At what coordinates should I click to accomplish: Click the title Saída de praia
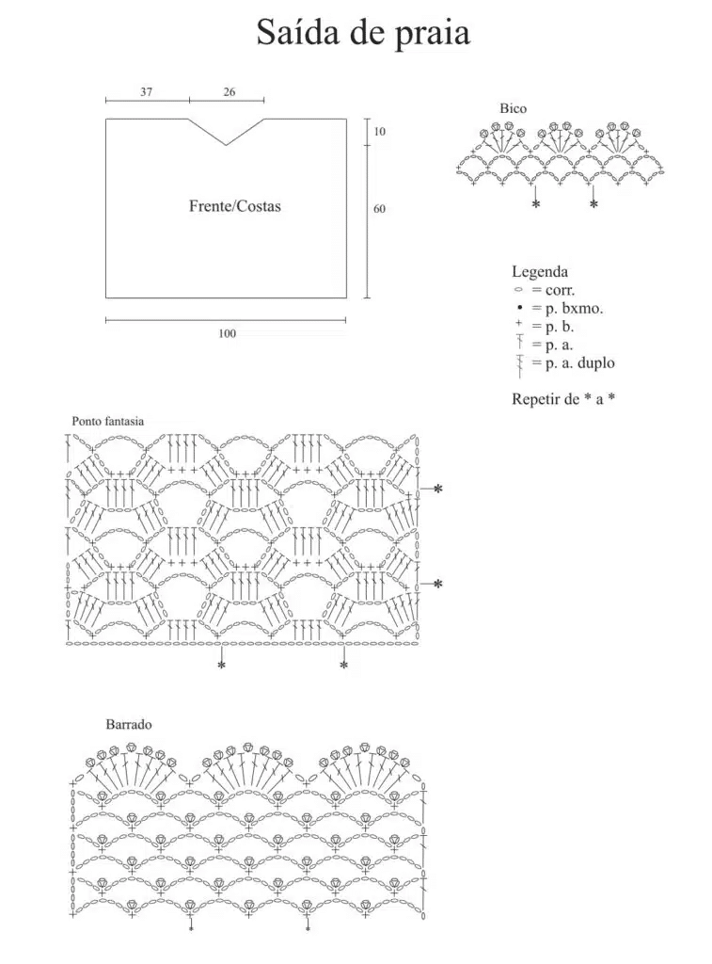coord(363,33)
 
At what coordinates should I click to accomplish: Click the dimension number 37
coord(146,92)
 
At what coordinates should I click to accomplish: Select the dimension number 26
coord(229,92)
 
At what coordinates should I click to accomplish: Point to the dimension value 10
coord(380,132)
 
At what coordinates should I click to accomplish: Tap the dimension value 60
coord(380,209)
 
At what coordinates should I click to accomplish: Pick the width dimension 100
coord(228,333)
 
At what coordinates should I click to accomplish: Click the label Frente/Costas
coord(235,206)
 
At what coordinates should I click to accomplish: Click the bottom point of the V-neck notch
coord(226,145)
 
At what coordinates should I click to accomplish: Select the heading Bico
coord(513,109)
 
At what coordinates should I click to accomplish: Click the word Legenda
coord(540,272)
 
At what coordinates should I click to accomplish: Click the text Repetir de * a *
coord(563,399)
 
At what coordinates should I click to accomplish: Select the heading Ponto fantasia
coord(107,421)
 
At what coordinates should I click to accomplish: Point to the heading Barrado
coord(129,724)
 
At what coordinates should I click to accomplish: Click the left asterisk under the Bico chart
coord(536,203)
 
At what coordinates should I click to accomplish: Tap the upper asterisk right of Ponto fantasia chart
coord(437,490)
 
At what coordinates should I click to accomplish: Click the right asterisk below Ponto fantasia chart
coord(344,666)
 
